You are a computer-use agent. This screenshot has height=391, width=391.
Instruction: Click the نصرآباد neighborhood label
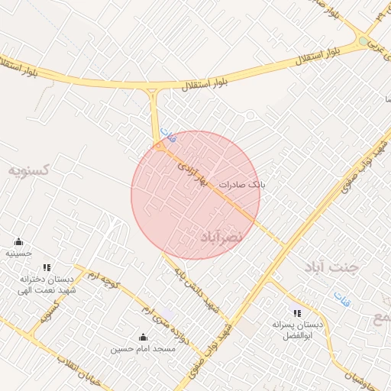point(221,237)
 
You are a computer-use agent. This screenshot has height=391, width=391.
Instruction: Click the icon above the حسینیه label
point(18,242)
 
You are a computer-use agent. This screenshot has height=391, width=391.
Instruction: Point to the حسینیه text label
point(18,253)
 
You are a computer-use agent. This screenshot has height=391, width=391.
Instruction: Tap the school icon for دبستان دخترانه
point(47,268)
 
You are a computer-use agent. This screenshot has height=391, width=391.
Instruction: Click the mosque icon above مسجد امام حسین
point(143,337)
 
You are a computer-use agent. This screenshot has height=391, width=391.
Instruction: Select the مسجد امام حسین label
point(143,349)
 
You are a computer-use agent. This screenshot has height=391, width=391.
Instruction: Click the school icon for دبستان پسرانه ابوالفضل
point(297,313)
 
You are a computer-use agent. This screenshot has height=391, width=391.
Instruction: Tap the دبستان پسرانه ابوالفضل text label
point(297,330)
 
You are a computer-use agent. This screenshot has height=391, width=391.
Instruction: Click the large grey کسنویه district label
point(29,169)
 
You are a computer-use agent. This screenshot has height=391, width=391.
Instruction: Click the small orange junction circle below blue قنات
point(159,144)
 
